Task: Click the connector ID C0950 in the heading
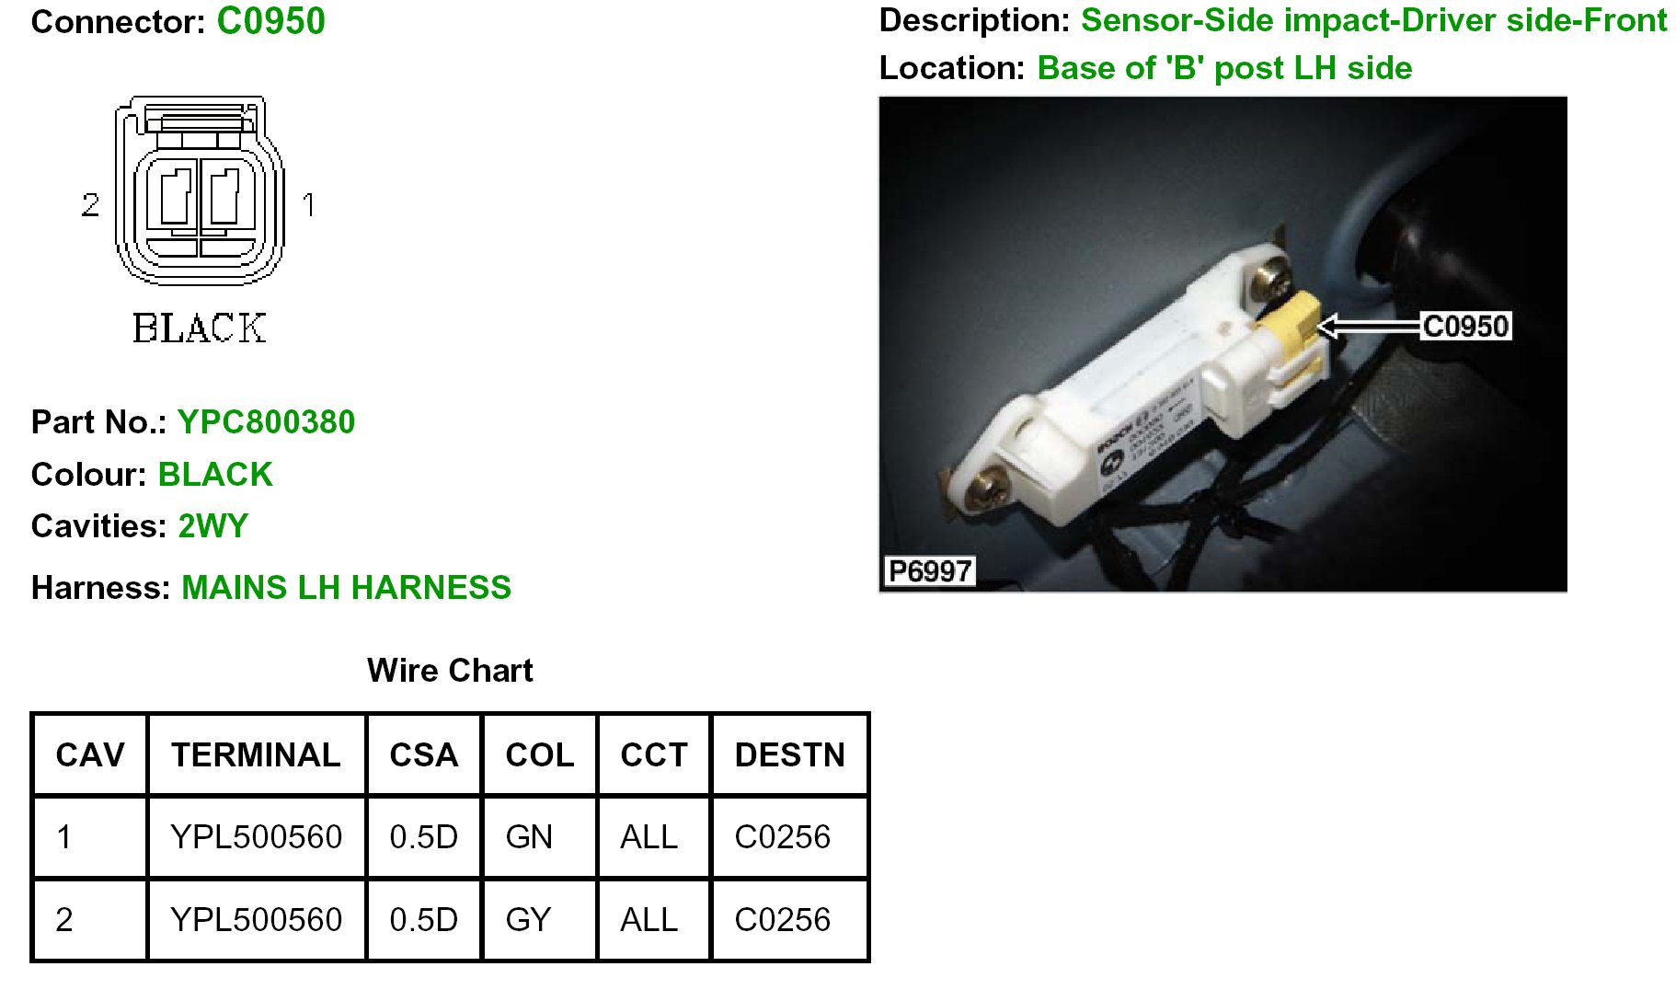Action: click(270, 21)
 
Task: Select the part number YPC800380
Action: click(266, 421)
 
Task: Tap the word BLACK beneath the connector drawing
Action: click(200, 328)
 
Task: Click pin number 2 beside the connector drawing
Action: click(90, 204)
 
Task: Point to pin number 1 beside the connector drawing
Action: click(308, 204)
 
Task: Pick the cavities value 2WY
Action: click(212, 526)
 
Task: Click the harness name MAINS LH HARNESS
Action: click(346, 587)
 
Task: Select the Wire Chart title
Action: click(450, 670)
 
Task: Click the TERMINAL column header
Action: click(256, 755)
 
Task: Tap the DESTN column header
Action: click(789, 755)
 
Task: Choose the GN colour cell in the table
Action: click(529, 837)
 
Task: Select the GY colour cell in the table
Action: click(528, 919)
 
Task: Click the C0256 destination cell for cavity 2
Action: click(782, 919)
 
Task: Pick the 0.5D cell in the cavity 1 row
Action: click(423, 837)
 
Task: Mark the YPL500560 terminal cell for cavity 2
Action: click(256, 919)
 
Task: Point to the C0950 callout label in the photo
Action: click(1465, 326)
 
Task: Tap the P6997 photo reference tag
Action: click(929, 571)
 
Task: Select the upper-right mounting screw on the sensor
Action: click(1272, 278)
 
